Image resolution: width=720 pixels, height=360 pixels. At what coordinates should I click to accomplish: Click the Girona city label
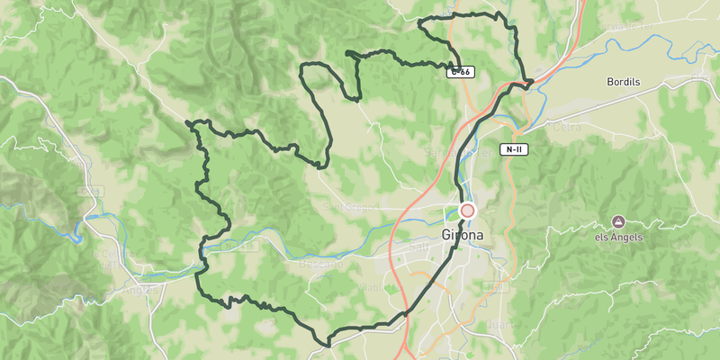click(x=463, y=236)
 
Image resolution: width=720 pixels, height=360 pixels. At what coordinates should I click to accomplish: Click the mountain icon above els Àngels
click(x=618, y=221)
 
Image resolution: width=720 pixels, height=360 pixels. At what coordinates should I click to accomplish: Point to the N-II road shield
click(x=514, y=149)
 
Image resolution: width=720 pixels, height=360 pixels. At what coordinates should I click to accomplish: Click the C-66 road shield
click(x=461, y=71)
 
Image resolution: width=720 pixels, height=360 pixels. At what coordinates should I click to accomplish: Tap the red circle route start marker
click(x=467, y=211)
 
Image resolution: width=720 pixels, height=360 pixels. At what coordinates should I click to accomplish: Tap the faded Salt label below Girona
click(x=419, y=246)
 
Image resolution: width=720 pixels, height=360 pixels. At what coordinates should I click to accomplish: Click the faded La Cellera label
click(x=110, y=259)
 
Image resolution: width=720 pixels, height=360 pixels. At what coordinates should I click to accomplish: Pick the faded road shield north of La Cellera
click(x=89, y=192)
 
